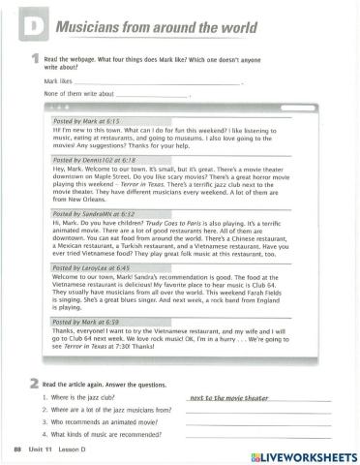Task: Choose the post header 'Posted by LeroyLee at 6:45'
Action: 92,267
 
